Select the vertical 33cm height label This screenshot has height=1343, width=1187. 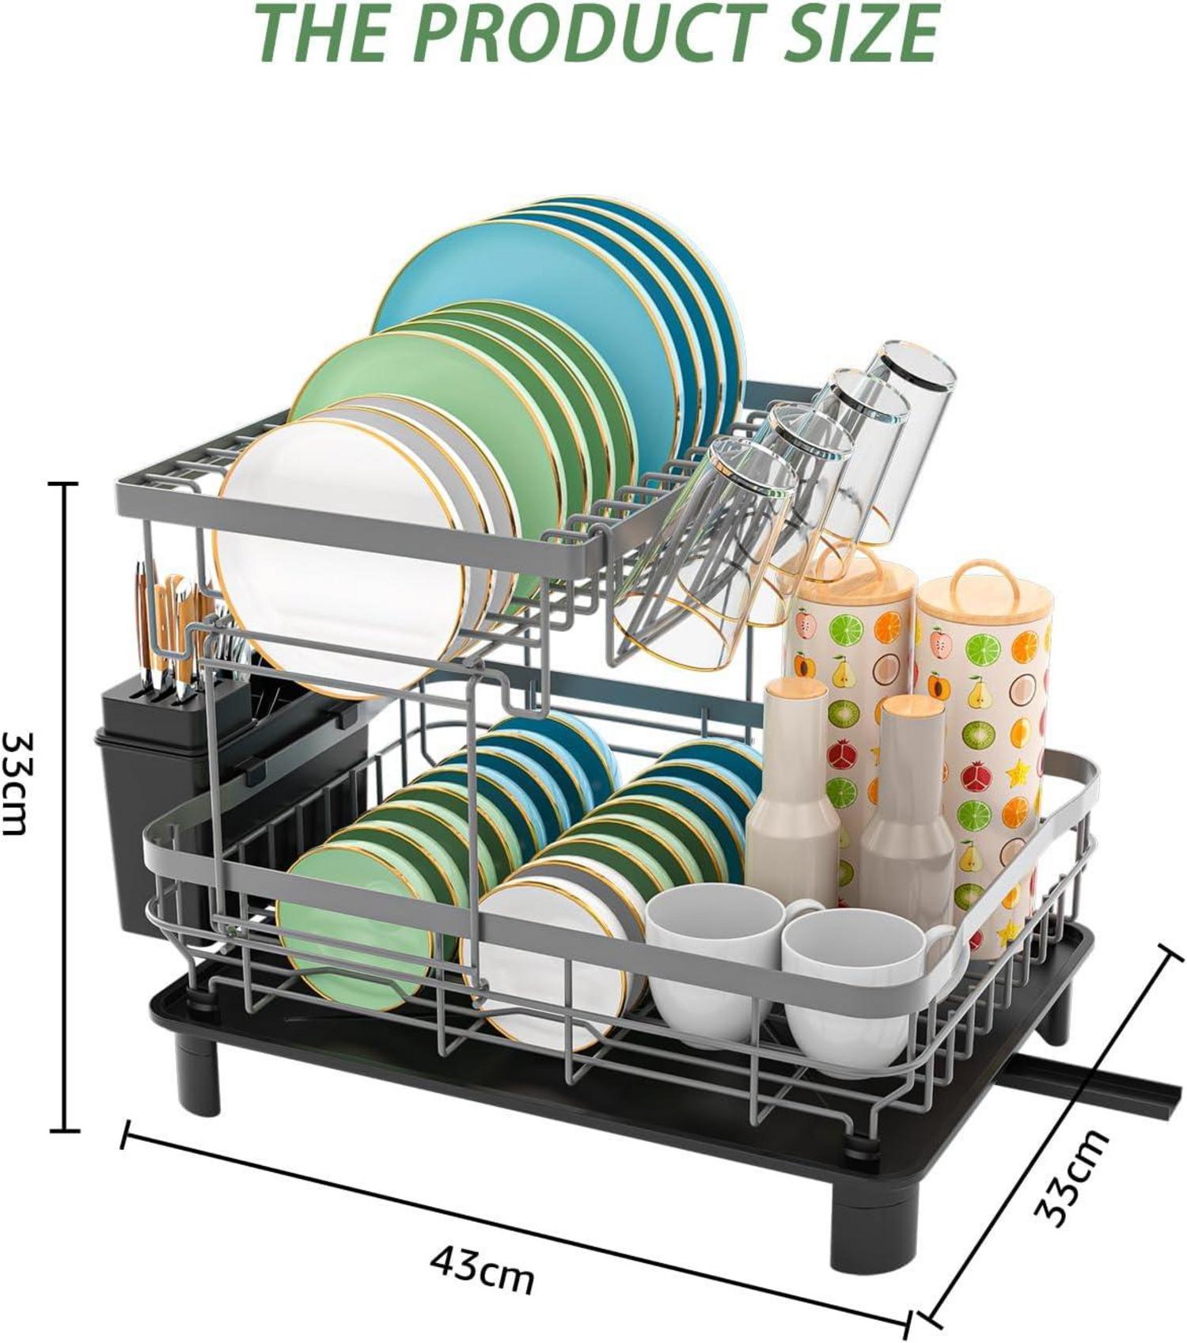click(16, 782)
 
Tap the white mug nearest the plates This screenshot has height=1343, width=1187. click(716, 962)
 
